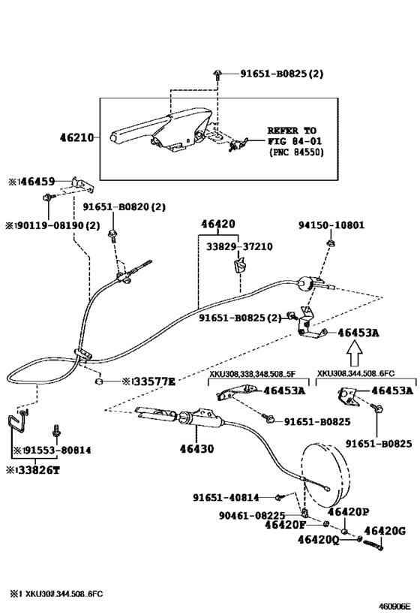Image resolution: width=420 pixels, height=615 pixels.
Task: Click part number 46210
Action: click(x=76, y=137)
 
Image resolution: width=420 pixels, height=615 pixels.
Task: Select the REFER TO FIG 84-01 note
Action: click(x=295, y=141)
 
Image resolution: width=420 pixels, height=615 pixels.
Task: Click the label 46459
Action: click(x=38, y=181)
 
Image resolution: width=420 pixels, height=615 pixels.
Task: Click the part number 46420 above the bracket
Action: click(x=218, y=224)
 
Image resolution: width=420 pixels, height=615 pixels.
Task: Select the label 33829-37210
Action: click(x=239, y=247)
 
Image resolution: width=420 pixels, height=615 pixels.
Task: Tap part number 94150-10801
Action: click(x=331, y=225)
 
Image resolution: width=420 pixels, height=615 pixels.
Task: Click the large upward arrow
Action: click(x=355, y=354)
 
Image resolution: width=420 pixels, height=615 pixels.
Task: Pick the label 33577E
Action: click(x=154, y=381)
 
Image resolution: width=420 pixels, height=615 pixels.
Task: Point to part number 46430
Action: click(x=196, y=448)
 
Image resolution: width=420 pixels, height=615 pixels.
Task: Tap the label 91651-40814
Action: click(x=226, y=497)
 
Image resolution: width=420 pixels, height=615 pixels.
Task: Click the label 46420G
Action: click(x=385, y=531)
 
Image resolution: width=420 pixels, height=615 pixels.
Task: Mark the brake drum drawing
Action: click(x=325, y=475)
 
